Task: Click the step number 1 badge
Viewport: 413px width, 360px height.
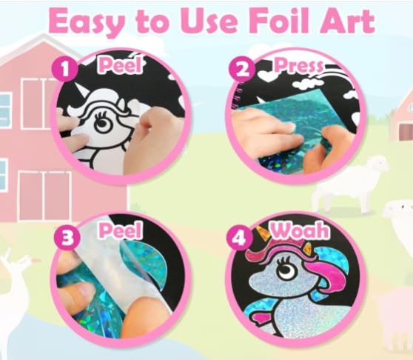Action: [x=65, y=69]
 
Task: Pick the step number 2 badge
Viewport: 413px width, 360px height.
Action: [x=242, y=69]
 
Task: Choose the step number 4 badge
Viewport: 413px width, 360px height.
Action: [x=240, y=238]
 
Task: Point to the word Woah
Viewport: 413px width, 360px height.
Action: [x=300, y=230]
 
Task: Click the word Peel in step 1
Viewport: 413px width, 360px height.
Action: [x=121, y=64]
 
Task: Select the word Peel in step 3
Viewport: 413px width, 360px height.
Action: [x=121, y=230]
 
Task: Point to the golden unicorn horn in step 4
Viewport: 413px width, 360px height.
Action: [x=262, y=233]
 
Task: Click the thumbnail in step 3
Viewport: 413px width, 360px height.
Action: [x=82, y=290]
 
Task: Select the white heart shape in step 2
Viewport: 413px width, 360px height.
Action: [x=265, y=75]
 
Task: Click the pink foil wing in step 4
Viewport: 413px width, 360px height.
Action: [x=260, y=316]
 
